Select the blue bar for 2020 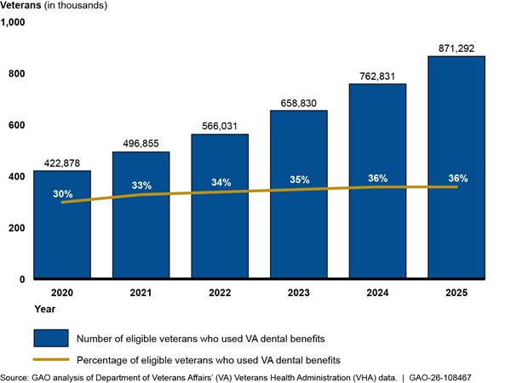pos(62,225)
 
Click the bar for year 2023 pos(299,194)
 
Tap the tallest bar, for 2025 pos(456,168)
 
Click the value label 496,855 pos(141,144)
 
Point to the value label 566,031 pos(220,126)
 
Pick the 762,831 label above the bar pos(377,77)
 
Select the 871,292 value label pos(456,49)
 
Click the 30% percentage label pos(63,194)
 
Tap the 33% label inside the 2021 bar pos(141,186)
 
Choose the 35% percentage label pos(300,180)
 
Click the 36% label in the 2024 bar pos(378,178)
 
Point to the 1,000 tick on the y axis pos(13,22)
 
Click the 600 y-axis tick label pos(17,125)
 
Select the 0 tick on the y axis pos(22,279)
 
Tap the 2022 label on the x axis pos(220,293)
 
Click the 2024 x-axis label pos(377,293)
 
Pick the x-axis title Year pos(45,309)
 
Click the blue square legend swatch pos(51,338)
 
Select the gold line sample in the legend pos(51,359)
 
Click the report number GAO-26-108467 pos(440,378)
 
